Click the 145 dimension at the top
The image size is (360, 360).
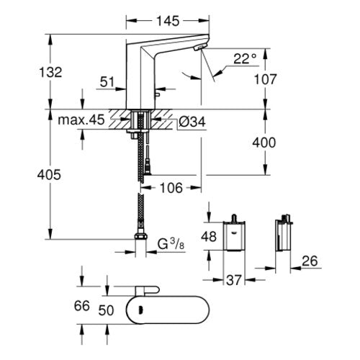tap(168, 21)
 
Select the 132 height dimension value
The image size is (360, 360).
tap(50, 72)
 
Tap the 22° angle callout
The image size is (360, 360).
tap(245, 58)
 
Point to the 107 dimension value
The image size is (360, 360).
tap(265, 79)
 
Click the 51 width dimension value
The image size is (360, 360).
tap(107, 82)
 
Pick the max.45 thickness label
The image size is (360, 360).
tap(81, 120)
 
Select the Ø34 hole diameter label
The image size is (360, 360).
tap(192, 122)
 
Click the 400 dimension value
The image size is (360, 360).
tap(264, 143)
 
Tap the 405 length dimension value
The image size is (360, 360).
tap(49, 175)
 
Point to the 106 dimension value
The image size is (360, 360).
tap(171, 188)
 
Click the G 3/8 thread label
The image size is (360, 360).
tap(171, 244)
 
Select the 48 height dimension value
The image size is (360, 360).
tap(209, 237)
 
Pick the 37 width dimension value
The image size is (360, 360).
tap(234, 280)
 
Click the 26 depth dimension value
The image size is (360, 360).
tap(310, 261)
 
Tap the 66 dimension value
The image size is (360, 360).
tap(82, 306)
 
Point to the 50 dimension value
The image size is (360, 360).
tap(106, 310)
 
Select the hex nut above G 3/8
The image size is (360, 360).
tap(140, 236)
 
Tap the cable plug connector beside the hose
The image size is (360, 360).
tap(148, 168)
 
